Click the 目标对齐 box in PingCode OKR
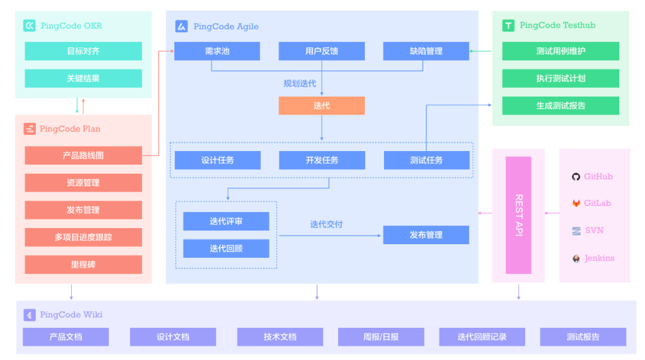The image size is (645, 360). [x=83, y=51]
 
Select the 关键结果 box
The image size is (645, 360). [x=83, y=78]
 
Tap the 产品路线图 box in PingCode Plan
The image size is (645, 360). [x=83, y=155]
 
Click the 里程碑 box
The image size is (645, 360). [x=83, y=264]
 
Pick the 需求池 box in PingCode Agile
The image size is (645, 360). [x=217, y=51]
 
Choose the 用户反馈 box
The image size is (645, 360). [x=321, y=51]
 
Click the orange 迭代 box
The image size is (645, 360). [x=321, y=106]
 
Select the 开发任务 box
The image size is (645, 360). [x=322, y=160]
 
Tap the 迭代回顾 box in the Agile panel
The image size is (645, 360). [x=226, y=248]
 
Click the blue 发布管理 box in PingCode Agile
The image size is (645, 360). [x=426, y=235]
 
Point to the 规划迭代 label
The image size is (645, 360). [x=300, y=84]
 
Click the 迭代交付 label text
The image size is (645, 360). [x=326, y=224]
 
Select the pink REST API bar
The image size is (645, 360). [x=518, y=215]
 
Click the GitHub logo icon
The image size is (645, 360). [x=576, y=177]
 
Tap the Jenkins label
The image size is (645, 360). [x=599, y=259]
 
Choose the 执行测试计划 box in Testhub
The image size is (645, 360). [x=560, y=78]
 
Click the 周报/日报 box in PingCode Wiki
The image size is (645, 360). [x=380, y=337]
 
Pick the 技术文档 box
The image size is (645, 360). [x=279, y=337]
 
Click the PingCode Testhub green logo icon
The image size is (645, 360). [x=508, y=25]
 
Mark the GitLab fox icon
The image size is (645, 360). [x=576, y=204]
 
